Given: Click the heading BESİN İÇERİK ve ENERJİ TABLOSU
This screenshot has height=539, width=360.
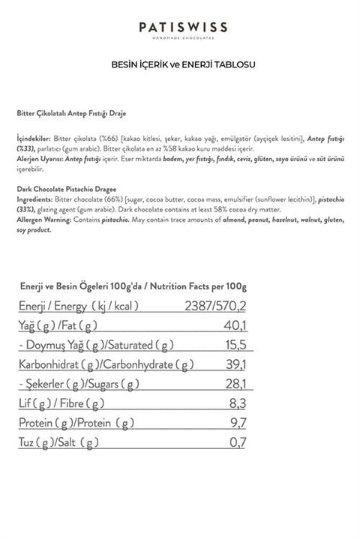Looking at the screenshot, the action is click(183, 64).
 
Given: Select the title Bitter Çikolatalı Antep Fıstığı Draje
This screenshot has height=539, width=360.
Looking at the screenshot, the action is click(71, 113).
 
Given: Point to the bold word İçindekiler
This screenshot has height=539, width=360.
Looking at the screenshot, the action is click(34, 139).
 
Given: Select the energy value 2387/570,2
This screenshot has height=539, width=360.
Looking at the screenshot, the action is click(217, 305).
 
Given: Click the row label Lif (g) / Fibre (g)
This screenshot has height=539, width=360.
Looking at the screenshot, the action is click(60, 405).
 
